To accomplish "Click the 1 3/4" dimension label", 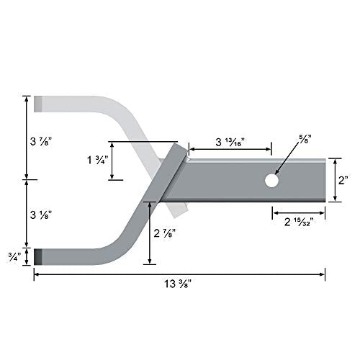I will tap(94, 161).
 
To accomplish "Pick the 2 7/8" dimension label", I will tap(167, 232).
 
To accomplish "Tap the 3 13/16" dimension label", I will tap(229, 141).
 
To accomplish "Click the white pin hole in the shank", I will tap(271, 181).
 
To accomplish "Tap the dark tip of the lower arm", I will tap(39, 255).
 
